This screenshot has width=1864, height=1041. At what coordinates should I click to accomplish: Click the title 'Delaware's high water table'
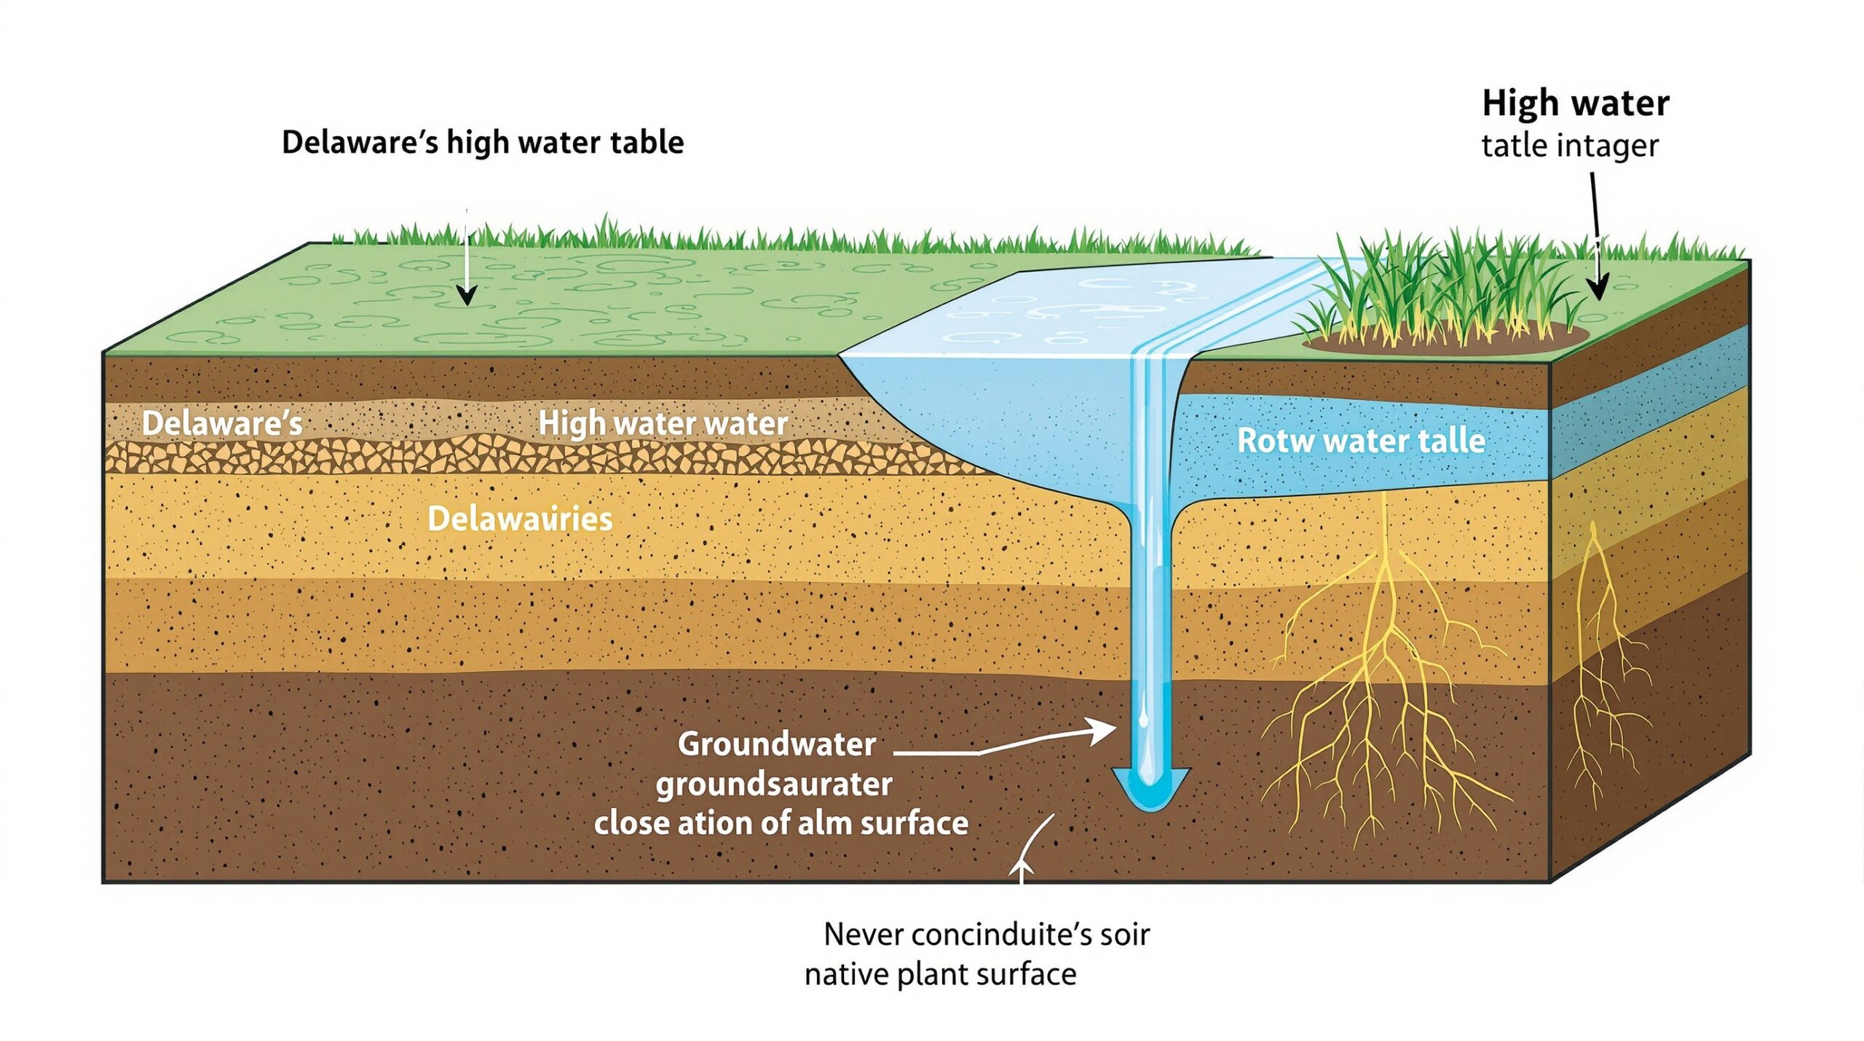482,142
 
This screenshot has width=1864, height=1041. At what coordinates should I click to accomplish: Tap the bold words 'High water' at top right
1575,103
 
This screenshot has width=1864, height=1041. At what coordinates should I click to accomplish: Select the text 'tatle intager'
1569,146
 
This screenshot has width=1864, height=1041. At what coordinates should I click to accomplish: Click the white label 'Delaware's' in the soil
222,424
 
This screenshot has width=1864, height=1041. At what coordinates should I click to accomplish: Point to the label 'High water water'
663,424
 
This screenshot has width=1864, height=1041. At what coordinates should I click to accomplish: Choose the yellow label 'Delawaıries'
520,519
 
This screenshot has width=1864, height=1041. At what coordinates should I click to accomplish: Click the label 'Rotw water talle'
1361,441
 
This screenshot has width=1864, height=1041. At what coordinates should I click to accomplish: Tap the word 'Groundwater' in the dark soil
776,744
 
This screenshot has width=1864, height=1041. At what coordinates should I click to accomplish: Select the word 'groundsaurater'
774,785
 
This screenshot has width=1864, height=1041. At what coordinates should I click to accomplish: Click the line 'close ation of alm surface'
781,823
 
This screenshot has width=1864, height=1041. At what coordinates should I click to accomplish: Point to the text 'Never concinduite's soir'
986,935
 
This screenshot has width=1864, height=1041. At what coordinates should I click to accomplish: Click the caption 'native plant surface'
940,974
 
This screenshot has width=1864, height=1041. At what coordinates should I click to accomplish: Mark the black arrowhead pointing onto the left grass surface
466,295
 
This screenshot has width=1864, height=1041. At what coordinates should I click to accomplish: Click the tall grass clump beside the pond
1427,291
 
